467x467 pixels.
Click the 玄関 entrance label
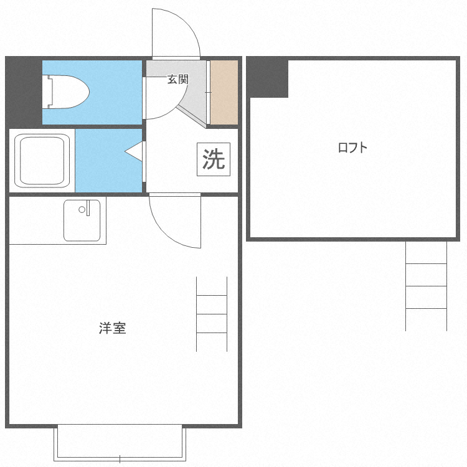click(x=177, y=79)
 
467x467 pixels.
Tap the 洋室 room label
click(x=112, y=328)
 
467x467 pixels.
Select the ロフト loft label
click(x=352, y=148)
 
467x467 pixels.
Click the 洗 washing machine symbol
click(x=213, y=160)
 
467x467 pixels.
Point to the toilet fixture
click(x=68, y=92)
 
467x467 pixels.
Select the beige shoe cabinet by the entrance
click(x=224, y=92)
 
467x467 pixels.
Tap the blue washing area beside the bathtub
click(x=107, y=160)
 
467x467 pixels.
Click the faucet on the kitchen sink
click(x=88, y=207)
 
